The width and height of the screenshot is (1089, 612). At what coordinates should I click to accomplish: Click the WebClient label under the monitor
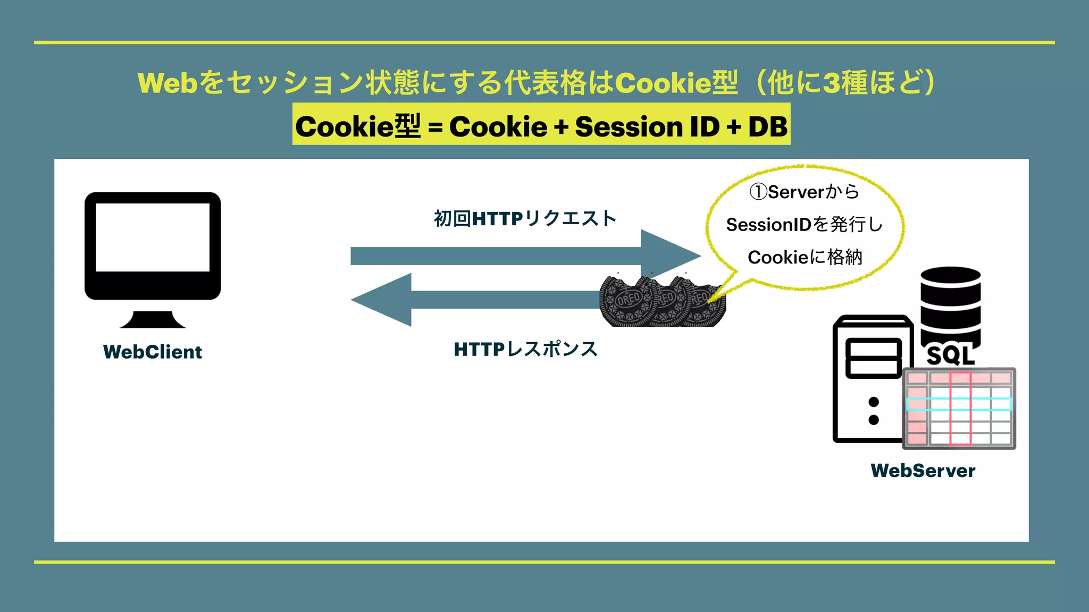point(153,352)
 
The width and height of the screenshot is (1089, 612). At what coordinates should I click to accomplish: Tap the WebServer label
point(923,471)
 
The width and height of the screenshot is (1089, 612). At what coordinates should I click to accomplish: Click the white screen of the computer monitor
point(153,237)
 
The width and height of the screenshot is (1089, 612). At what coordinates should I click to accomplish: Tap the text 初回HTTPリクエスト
point(525,218)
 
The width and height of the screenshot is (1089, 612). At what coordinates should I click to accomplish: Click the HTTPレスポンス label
point(526,349)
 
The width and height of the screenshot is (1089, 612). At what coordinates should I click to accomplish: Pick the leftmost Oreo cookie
point(626,302)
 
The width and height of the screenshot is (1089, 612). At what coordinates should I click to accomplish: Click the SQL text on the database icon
point(951,355)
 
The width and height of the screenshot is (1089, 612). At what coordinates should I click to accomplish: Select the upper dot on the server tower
point(873,402)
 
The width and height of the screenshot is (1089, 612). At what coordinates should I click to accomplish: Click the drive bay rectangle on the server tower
point(873,358)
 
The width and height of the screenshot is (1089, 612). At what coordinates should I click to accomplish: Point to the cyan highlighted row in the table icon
point(959,404)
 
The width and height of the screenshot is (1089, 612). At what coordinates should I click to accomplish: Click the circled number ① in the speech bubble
point(758,192)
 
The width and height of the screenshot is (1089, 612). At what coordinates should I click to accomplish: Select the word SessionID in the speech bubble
point(768,225)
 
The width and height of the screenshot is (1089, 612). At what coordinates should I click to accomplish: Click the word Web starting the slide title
point(167,83)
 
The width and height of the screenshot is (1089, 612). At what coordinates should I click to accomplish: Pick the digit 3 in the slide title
point(830,83)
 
